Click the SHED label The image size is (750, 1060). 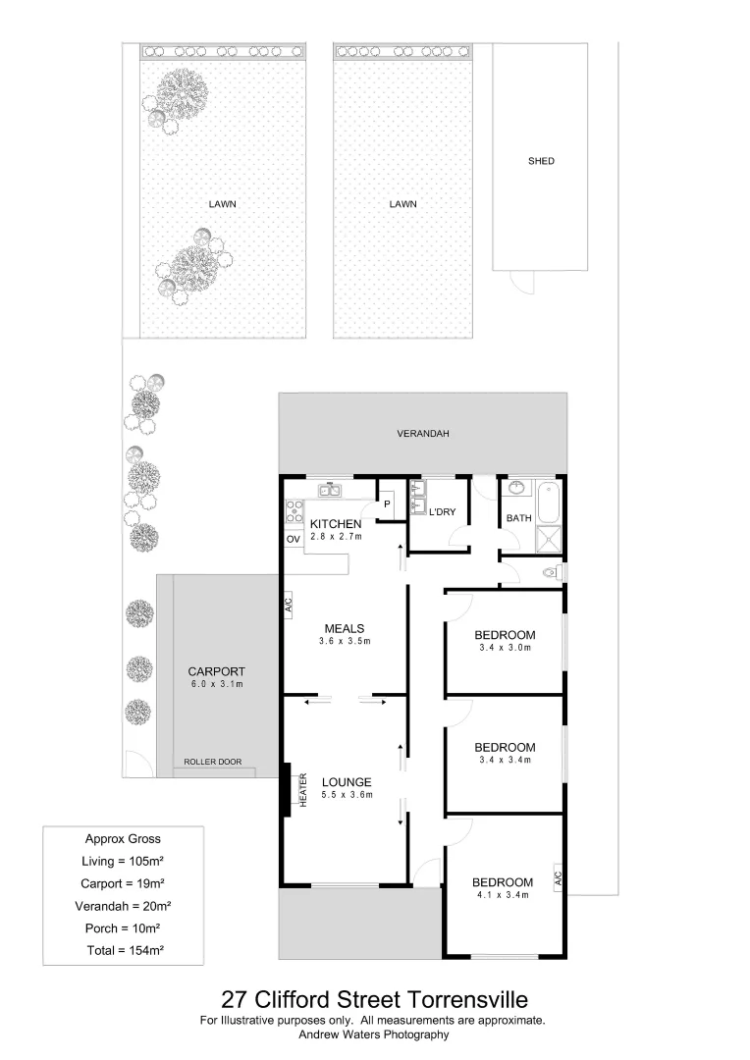tap(541, 161)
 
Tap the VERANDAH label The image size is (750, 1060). tap(423, 433)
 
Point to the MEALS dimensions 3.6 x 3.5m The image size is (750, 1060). tap(344, 642)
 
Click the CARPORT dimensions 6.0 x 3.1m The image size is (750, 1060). tap(216, 684)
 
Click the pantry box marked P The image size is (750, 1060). tap(387, 504)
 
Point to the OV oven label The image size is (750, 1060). tap(293, 540)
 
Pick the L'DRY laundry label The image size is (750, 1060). tap(443, 512)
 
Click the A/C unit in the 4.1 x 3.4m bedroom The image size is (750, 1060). tap(556, 876)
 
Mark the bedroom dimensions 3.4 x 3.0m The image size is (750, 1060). tap(504, 647)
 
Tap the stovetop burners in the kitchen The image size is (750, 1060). tap(293, 510)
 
